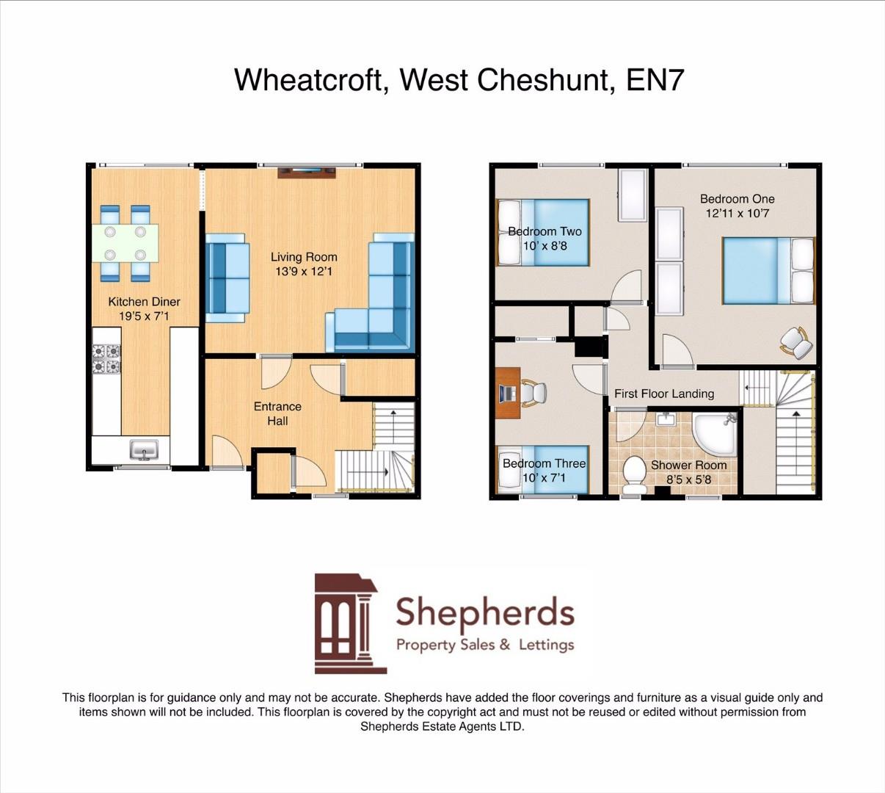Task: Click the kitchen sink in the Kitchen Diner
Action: (x=144, y=449)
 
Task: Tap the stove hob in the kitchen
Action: (x=106, y=359)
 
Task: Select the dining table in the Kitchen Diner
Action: (x=125, y=243)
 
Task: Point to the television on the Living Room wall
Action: (x=307, y=173)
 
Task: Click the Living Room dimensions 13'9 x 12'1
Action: (x=304, y=272)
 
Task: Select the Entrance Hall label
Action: (x=277, y=413)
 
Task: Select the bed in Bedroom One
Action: (x=768, y=270)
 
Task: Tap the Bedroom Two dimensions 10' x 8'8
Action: (x=545, y=246)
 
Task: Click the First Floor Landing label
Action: (x=663, y=394)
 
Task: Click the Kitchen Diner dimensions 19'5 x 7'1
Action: (x=144, y=316)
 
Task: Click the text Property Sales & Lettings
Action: (x=484, y=645)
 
